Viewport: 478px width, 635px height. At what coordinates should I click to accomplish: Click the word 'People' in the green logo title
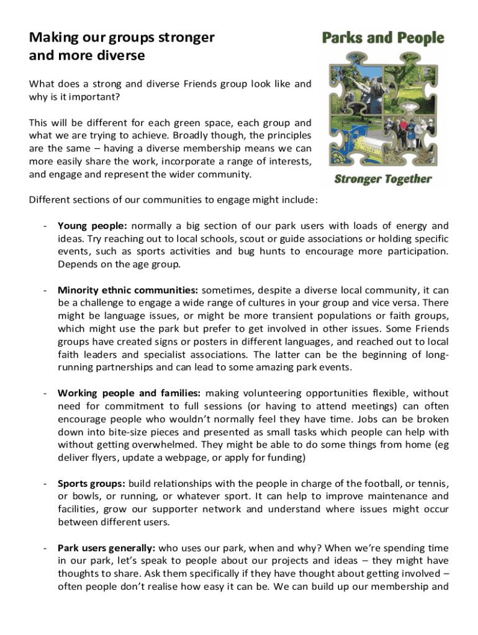tap(418, 38)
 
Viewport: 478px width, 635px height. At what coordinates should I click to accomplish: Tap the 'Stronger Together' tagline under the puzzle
tap(383, 179)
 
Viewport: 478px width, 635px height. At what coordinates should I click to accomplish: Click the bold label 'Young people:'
tap(92, 226)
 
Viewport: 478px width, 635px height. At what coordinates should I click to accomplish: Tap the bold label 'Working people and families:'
tap(129, 393)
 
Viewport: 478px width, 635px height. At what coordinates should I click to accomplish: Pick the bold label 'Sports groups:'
tap(92, 483)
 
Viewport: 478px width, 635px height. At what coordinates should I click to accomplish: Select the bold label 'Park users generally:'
tap(108, 548)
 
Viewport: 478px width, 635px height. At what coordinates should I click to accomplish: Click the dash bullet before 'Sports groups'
tap(45, 483)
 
